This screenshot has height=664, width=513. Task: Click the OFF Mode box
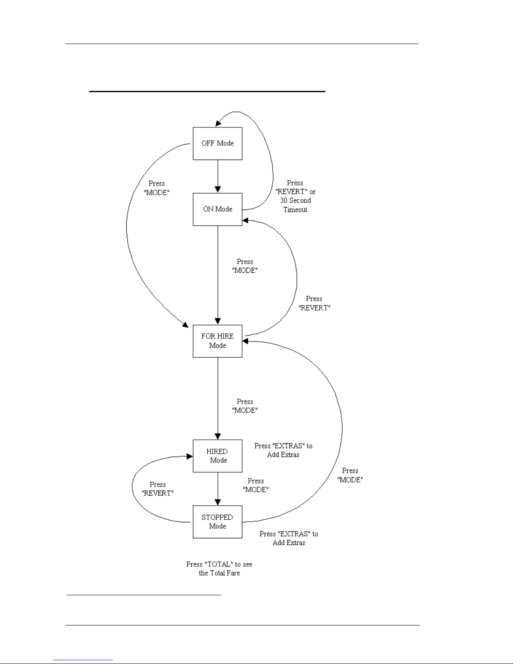point(217,143)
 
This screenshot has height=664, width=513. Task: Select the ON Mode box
point(217,209)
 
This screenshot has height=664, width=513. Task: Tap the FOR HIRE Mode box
point(217,341)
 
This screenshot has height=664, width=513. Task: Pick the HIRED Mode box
point(217,456)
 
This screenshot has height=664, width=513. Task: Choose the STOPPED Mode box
point(217,522)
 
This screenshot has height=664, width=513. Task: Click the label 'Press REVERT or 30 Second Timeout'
point(295,196)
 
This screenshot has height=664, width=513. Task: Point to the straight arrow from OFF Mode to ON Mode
point(218,176)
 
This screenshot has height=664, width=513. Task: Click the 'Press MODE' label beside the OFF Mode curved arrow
point(157,188)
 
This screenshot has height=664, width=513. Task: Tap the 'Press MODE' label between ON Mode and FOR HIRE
point(245,266)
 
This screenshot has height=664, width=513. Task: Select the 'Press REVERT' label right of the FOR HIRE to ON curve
point(315,303)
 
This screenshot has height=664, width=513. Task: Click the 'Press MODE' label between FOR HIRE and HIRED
point(245,406)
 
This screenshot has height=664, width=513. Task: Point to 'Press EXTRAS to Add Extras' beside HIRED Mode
point(284,450)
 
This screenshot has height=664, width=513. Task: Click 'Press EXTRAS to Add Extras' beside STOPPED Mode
point(289,538)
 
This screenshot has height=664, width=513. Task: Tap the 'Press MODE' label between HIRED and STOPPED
point(255,485)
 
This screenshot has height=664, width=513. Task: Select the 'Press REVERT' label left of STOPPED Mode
point(157,488)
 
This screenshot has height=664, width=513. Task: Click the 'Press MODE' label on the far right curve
point(350,475)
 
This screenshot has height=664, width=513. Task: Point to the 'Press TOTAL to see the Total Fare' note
point(219,568)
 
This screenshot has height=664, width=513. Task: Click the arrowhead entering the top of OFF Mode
point(218,123)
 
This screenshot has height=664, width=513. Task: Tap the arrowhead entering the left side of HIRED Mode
point(190,456)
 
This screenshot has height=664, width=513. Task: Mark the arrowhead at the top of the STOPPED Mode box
point(218,502)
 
